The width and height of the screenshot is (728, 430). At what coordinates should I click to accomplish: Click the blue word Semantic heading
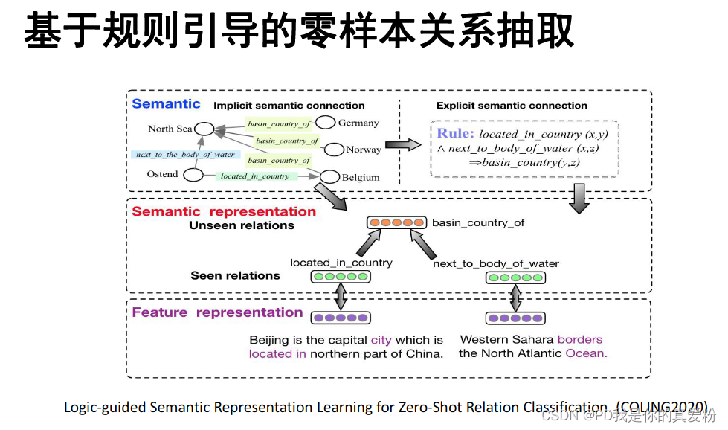click(x=166, y=104)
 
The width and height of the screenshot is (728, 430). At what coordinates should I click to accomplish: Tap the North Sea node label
click(x=170, y=129)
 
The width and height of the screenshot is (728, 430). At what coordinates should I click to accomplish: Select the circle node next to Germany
click(x=325, y=123)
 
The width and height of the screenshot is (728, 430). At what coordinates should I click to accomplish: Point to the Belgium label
click(x=361, y=178)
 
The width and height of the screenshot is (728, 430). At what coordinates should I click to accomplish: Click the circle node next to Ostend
click(x=193, y=176)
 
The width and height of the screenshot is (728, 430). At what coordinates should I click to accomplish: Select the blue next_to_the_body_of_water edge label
click(x=184, y=155)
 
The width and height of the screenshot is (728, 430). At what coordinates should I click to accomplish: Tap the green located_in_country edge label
click(x=255, y=176)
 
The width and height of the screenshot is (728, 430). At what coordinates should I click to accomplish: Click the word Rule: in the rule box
click(x=455, y=134)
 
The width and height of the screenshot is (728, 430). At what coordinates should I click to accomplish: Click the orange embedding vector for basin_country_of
click(x=397, y=222)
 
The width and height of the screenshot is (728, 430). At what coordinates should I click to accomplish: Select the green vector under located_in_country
click(x=340, y=277)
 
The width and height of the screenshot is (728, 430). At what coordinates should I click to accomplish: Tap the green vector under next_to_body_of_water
click(x=515, y=278)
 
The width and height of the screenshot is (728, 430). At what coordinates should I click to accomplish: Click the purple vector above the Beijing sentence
click(x=340, y=318)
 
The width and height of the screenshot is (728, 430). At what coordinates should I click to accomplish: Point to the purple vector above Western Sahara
click(x=515, y=318)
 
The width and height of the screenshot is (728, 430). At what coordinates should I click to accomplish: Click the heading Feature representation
click(x=217, y=312)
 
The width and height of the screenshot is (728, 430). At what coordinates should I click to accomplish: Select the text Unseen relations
click(x=242, y=225)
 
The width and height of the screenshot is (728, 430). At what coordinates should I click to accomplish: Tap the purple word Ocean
click(x=586, y=353)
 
